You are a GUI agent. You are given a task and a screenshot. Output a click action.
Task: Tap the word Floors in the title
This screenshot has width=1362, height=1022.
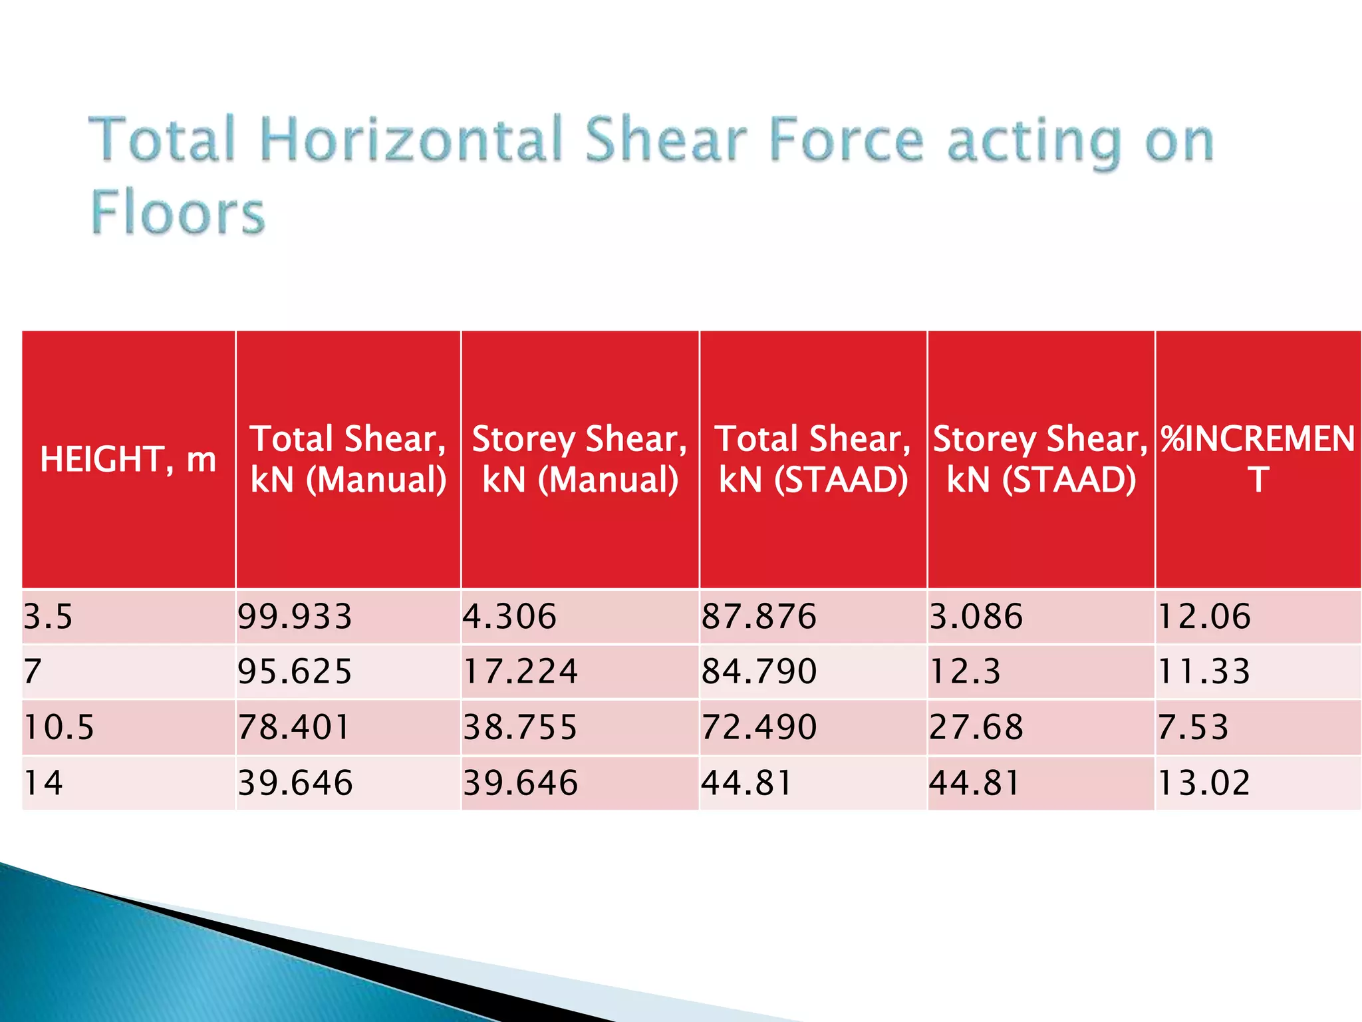pyautogui.click(x=178, y=212)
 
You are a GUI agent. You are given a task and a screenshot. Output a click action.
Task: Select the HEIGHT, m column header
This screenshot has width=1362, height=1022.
pyautogui.click(x=128, y=459)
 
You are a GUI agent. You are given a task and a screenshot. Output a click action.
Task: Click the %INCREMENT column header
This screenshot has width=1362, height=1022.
pyautogui.click(x=1258, y=459)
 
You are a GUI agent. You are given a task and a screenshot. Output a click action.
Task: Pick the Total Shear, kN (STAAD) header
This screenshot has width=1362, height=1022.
pyautogui.click(x=813, y=459)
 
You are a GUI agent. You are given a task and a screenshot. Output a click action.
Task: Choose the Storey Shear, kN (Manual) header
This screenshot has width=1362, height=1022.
pyautogui.click(x=579, y=459)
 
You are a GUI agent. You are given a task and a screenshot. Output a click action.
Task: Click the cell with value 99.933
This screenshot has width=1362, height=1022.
pyautogui.click(x=295, y=616)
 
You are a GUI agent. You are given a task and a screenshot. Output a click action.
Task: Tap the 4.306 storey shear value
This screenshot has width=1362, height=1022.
pyautogui.click(x=509, y=616)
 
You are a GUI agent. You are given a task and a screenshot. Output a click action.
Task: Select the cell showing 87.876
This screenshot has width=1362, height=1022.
pyautogui.click(x=759, y=616)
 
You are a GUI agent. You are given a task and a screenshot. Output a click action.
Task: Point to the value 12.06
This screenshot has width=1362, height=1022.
pyautogui.click(x=1204, y=616)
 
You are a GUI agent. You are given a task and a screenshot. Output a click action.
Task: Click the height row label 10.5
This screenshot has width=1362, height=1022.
pyautogui.click(x=59, y=727)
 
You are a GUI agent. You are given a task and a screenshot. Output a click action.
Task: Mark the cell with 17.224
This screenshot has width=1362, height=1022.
pyautogui.click(x=520, y=671)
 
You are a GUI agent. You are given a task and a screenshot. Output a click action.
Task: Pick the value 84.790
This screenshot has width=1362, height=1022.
pyautogui.click(x=759, y=671)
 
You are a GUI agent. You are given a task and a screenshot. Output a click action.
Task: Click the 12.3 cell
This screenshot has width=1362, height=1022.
pyautogui.click(x=964, y=671)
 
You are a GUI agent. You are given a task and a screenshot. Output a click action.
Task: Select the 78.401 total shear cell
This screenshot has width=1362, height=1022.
pyautogui.click(x=293, y=727)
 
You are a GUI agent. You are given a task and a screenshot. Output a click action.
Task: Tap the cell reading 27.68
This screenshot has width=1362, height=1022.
pyautogui.click(x=976, y=727)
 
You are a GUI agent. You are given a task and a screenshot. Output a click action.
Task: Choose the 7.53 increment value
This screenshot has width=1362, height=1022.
pyautogui.click(x=1193, y=727)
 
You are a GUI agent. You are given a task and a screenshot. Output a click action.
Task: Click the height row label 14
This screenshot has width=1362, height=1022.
pyautogui.click(x=43, y=782)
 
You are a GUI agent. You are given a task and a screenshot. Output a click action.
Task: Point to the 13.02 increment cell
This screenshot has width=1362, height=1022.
pyautogui.click(x=1204, y=782)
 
